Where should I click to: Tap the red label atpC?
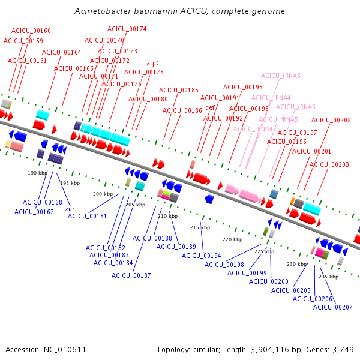154,63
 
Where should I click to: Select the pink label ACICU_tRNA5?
281,76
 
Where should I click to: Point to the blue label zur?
70,209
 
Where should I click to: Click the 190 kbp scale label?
37,173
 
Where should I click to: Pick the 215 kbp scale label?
200,227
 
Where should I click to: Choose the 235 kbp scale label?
328,277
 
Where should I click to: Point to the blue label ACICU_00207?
332,307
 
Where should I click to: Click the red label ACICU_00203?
329,164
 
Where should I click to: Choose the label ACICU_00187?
131,275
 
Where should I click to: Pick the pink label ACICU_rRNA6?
296,107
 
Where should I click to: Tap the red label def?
210,108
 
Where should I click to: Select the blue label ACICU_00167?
34,212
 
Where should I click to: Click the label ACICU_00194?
202,256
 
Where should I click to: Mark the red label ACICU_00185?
178,90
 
